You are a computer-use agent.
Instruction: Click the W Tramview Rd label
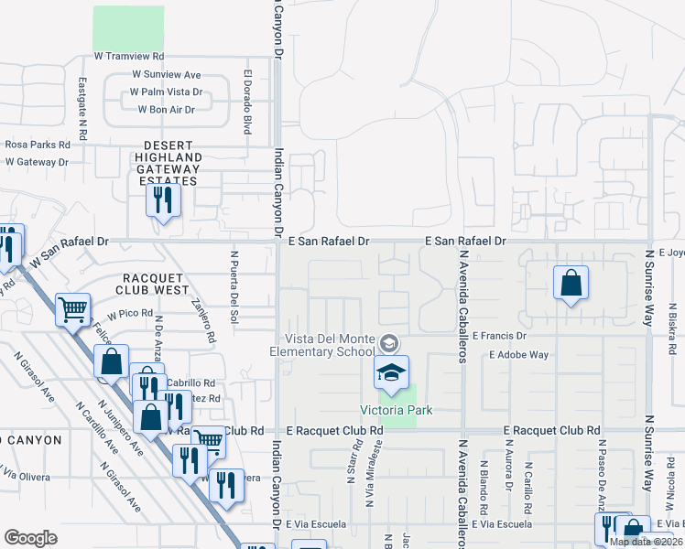click(128, 57)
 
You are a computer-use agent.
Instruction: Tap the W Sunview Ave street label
click(166, 75)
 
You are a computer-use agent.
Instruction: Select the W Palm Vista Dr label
click(166, 92)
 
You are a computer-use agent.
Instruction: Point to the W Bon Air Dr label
click(166, 110)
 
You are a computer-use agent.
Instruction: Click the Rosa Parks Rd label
click(38, 145)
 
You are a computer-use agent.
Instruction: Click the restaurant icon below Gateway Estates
click(163, 200)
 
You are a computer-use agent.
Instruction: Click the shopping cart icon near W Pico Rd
click(72, 308)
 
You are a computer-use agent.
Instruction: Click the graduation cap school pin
click(391, 372)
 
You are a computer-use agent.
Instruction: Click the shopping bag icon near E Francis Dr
click(571, 284)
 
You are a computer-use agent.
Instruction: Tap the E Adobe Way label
click(518, 354)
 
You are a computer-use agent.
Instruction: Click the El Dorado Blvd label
click(247, 102)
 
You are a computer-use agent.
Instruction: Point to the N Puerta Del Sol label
click(234, 287)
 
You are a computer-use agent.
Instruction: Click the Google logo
click(31, 538)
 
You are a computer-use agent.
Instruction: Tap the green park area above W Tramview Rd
click(128, 28)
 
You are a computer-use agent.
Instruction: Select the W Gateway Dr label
click(37, 162)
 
